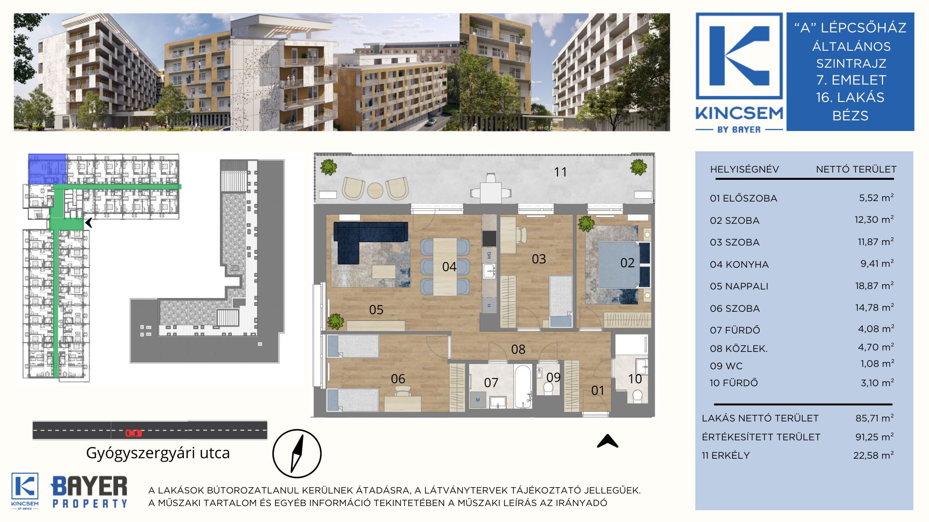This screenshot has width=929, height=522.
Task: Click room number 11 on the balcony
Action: click(560, 172)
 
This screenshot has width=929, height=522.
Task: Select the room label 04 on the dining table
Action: click(449, 267)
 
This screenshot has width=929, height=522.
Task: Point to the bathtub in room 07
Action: click(523, 387)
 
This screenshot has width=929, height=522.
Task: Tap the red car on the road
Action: click(134, 433)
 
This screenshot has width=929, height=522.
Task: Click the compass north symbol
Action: click(297, 454)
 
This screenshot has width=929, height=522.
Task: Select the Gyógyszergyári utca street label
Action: click(158, 453)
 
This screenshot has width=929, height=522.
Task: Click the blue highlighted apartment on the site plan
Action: click(47, 169)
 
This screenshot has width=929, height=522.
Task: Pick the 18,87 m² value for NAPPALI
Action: click(874, 286)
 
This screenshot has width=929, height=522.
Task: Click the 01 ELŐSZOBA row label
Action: click(743, 198)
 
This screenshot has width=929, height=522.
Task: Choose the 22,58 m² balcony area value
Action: click(873, 455)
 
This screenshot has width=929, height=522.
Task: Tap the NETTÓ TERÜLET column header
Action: click(856, 169)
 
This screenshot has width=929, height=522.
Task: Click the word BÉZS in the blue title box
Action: click(850, 116)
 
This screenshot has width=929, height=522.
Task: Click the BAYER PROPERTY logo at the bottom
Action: click(89, 491)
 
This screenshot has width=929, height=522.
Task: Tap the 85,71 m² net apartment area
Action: click(874, 418)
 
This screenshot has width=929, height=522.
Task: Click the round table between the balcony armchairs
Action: click(375, 190)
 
